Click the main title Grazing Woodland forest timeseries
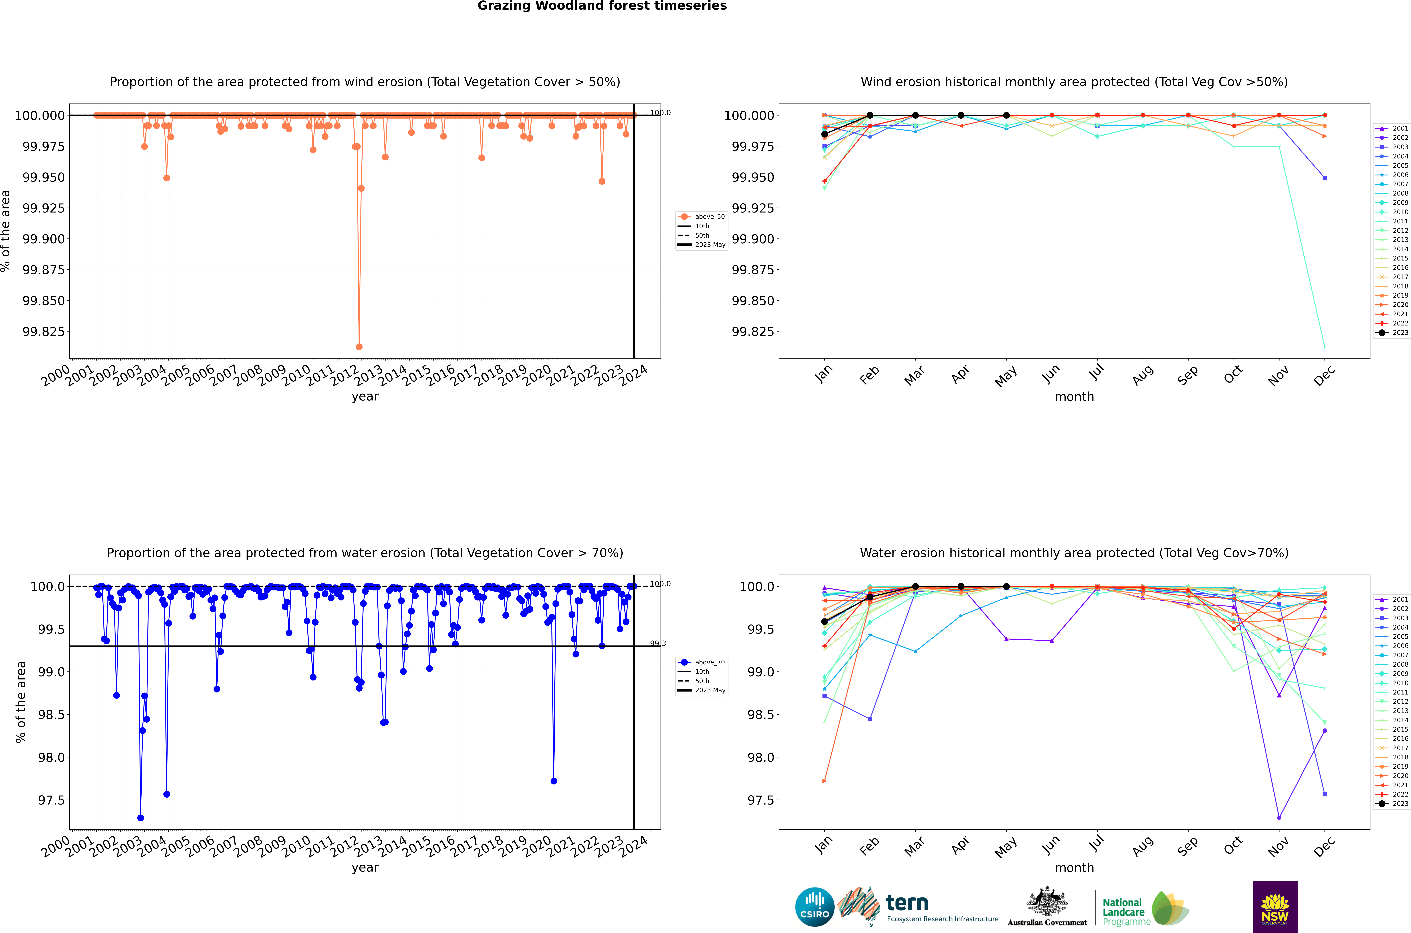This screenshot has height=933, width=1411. pyautogui.click(x=602, y=6)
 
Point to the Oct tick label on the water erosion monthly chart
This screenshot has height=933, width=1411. pyautogui.click(x=1233, y=846)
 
